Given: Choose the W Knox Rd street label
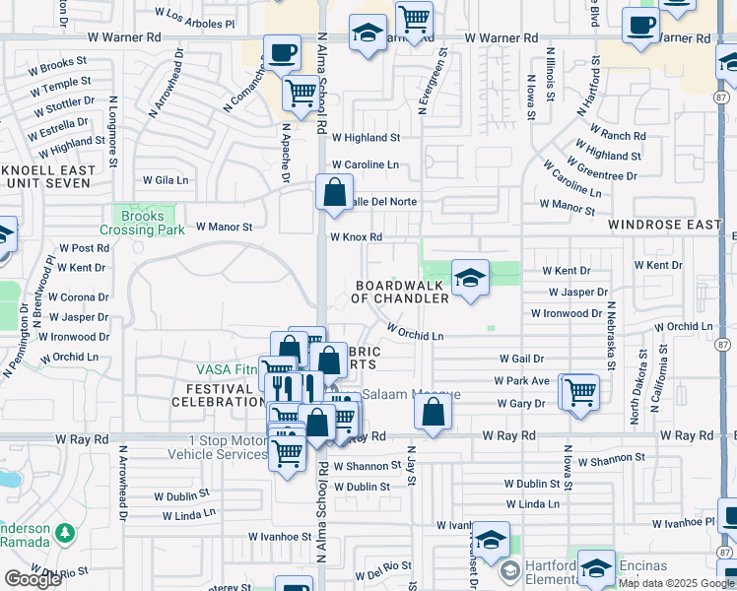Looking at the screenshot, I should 356,237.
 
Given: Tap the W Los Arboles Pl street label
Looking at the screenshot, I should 196,19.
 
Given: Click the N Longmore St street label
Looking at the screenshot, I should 114,128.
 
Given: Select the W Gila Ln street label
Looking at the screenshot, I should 166,180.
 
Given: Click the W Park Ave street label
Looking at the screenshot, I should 521,381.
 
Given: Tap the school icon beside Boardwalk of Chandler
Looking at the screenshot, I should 470,277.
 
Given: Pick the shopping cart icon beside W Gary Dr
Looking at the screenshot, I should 580,391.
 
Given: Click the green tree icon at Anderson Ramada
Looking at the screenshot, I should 65,533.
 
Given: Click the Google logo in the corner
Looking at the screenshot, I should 33,579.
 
